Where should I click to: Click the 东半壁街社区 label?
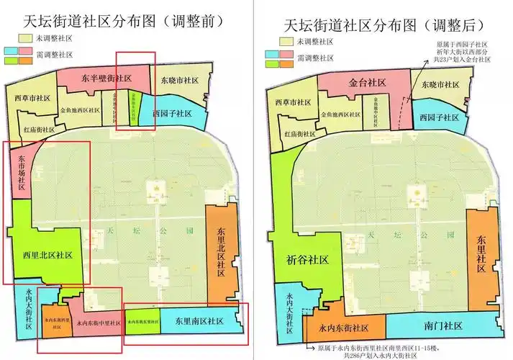click(x=106, y=78)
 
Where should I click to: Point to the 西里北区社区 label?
click(x=47, y=256)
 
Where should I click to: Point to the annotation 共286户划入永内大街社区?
click(x=363, y=354)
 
